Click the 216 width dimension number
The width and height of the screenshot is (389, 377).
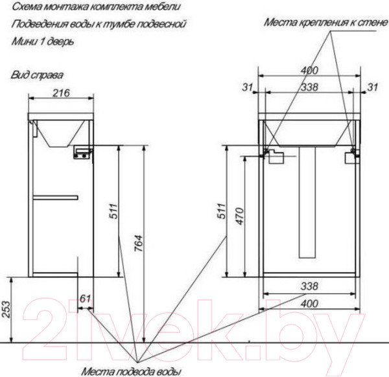pos(60,93)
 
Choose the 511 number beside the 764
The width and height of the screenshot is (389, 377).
pos(113,213)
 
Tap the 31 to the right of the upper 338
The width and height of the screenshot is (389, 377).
pos(372,86)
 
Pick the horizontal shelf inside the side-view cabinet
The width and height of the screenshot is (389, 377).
pos(56,196)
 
